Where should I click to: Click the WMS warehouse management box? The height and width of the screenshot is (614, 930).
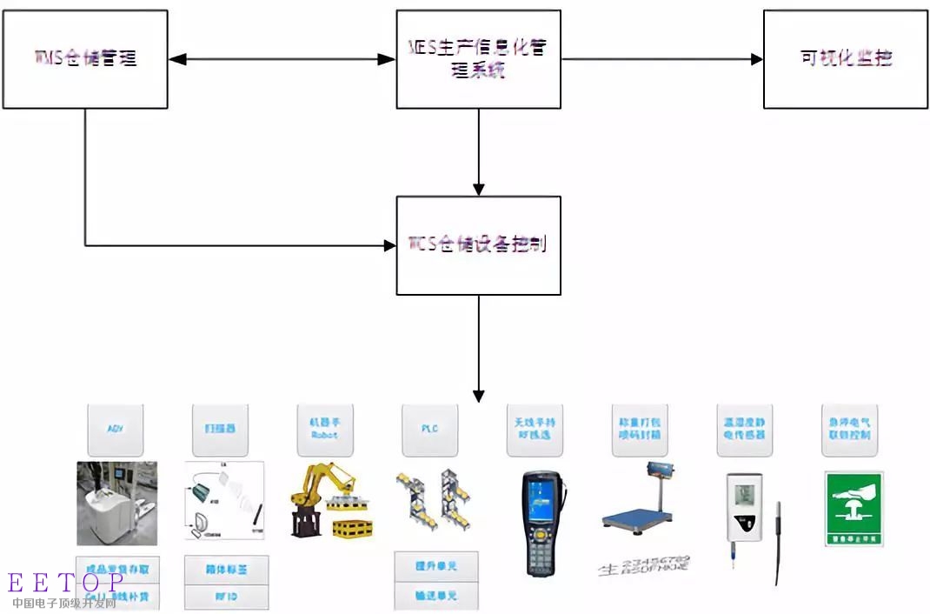pos(85,59)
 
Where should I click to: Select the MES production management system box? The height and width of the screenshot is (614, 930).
pos(478,59)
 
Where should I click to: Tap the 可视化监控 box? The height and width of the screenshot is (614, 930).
pos(845,59)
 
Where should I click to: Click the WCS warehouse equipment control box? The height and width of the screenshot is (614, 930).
pos(478,244)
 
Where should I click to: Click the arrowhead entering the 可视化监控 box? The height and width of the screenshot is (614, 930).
pos(756,59)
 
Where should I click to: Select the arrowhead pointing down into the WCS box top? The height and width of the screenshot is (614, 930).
pos(478,189)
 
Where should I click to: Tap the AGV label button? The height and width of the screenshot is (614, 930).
pos(115,430)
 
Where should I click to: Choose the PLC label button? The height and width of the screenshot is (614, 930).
pos(428,430)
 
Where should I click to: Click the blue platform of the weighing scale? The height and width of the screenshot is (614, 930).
pos(639,522)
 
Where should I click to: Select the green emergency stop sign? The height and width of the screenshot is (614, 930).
pos(854,509)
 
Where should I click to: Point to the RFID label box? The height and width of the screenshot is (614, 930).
pos(226,597)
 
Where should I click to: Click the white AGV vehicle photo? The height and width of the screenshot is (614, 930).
pos(116,504)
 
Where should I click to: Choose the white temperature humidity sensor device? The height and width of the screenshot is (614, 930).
pos(743,513)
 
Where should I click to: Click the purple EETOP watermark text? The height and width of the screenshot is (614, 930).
pos(66,584)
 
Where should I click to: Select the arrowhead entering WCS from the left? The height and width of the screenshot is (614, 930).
pos(390,245)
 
